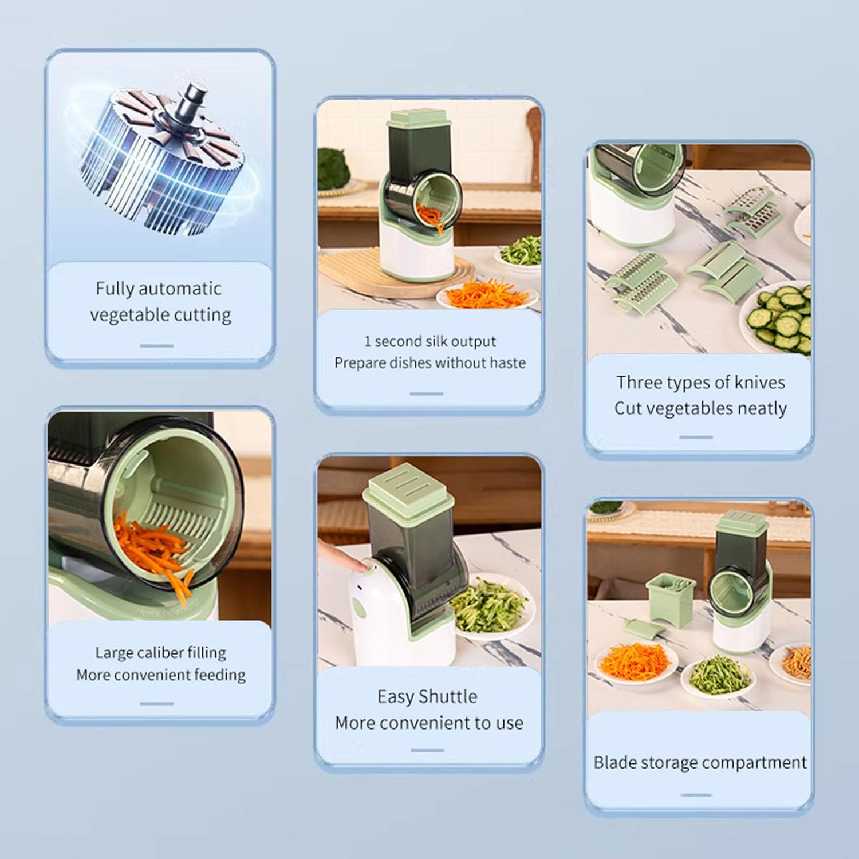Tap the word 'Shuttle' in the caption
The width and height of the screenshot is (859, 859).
447,696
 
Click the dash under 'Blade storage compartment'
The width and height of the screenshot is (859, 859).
696,795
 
